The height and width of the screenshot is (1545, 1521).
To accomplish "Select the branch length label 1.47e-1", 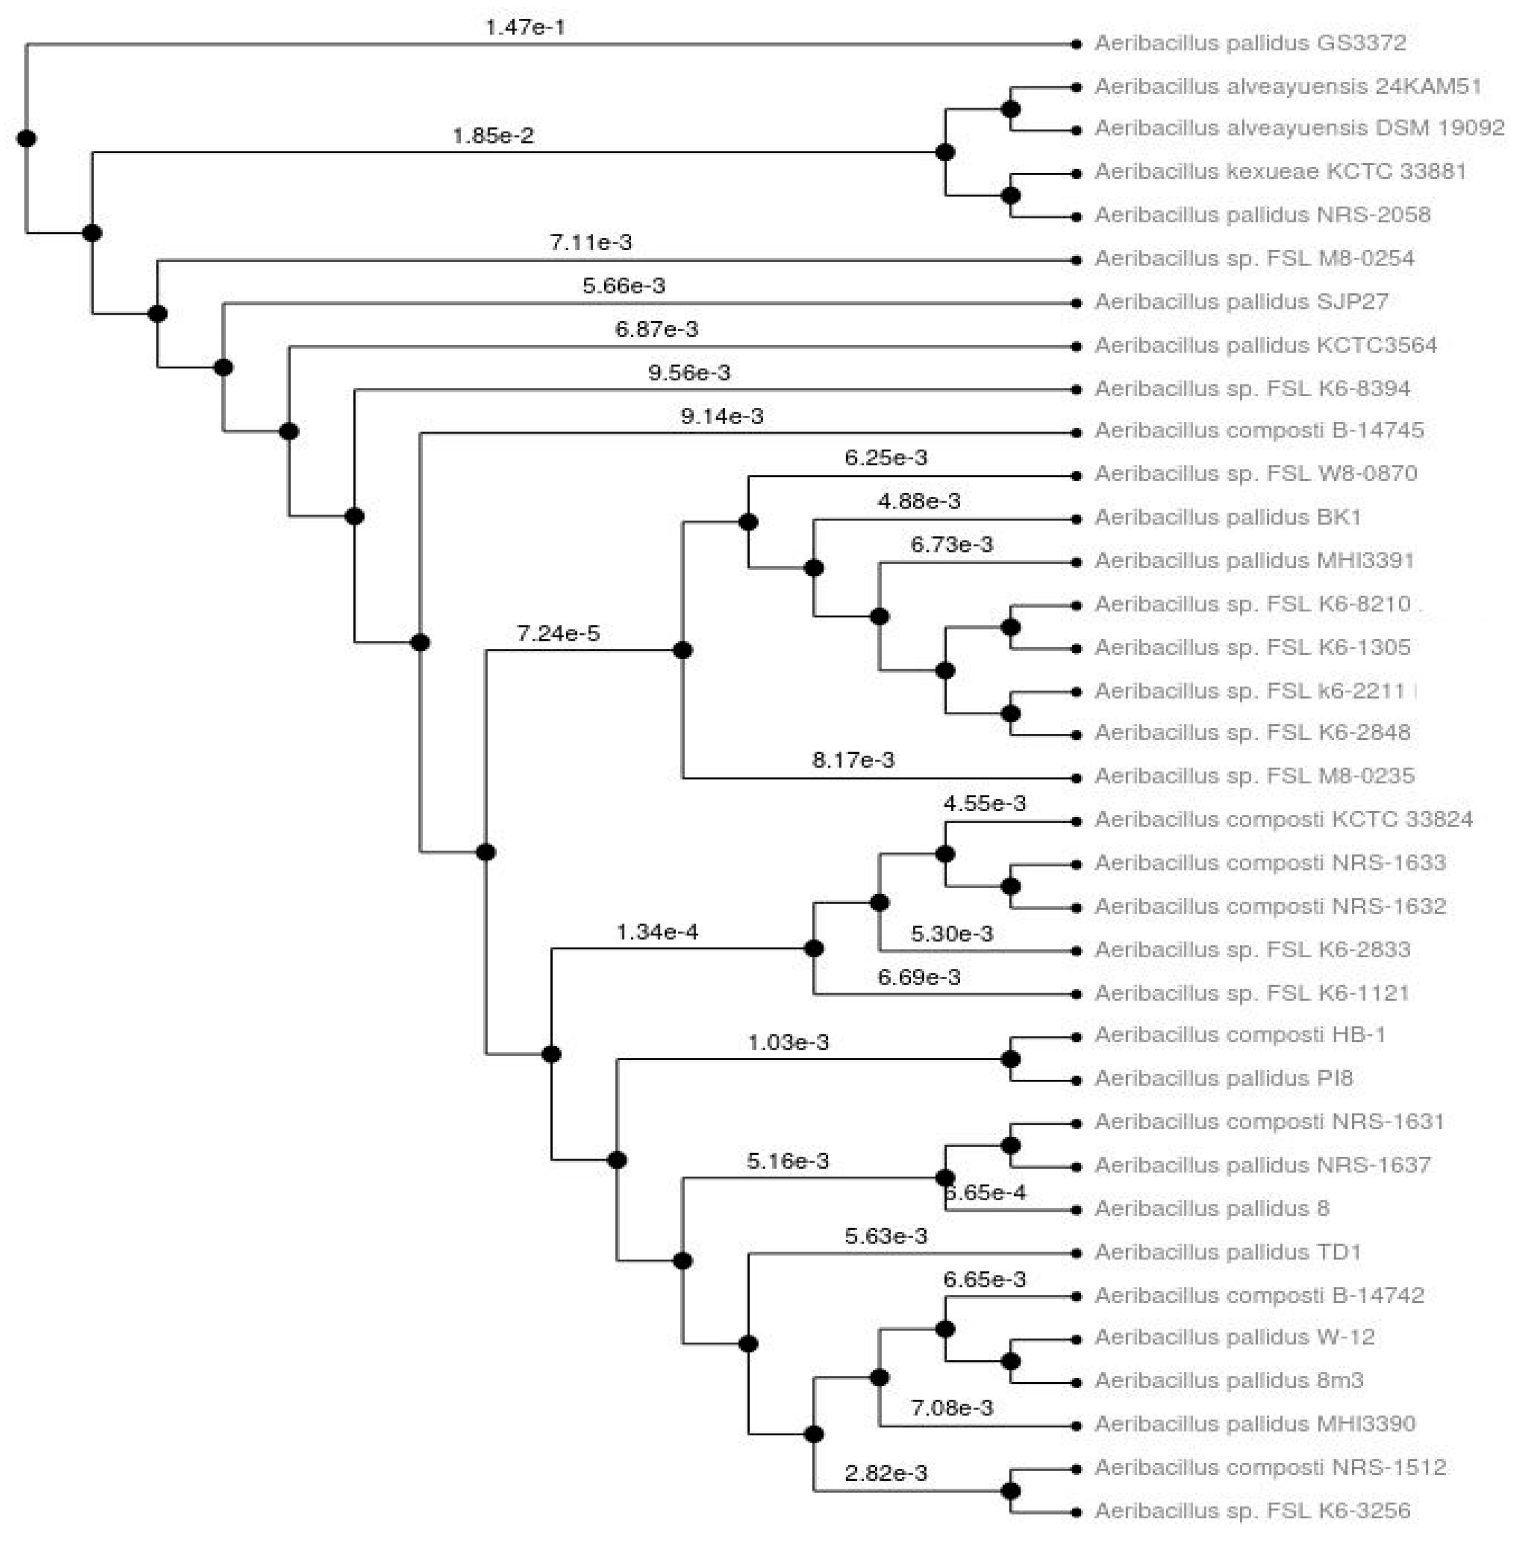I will click(525, 27).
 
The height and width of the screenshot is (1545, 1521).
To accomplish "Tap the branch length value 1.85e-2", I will click(493, 136).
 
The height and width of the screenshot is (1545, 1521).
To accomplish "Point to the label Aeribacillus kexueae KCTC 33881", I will click(1280, 172).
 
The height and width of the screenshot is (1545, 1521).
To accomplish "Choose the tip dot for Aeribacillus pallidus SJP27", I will click(1077, 303).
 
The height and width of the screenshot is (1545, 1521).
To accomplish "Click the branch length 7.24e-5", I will click(558, 634).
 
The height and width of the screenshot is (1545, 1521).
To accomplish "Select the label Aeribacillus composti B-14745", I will click(1259, 431).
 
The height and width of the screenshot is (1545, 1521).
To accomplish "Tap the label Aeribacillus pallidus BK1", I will click(1227, 518).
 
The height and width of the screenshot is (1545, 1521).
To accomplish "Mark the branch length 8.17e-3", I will click(853, 760).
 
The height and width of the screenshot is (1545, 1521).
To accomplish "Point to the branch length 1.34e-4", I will click(657, 932).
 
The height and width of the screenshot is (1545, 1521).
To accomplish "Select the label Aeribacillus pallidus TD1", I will click(1227, 1253).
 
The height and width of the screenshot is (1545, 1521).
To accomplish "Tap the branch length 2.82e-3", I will click(886, 1473).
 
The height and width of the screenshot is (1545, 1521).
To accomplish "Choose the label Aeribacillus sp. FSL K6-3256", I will click(1252, 1511).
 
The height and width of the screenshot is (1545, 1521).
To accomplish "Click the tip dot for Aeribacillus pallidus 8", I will click(1077, 1210).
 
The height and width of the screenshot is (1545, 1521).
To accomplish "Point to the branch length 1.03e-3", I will click(788, 1043).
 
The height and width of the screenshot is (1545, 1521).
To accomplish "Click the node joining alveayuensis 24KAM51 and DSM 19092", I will click(1010, 109).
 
